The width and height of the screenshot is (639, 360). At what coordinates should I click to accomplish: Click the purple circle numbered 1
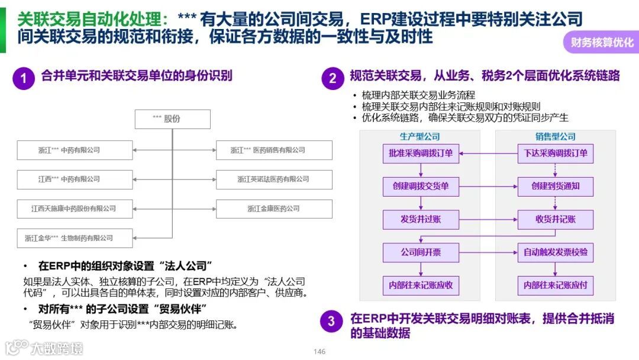(24, 78)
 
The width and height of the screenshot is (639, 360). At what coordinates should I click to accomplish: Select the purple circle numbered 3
(331, 322)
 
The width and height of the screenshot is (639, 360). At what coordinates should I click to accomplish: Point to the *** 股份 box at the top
(172, 119)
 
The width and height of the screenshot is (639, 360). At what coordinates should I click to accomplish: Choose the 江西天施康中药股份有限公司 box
(75, 208)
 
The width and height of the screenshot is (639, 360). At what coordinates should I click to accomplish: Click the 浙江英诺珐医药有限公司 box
(273, 179)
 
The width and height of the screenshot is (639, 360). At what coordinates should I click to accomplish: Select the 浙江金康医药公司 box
(273, 208)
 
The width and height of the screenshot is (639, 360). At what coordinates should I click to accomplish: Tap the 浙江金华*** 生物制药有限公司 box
(75, 238)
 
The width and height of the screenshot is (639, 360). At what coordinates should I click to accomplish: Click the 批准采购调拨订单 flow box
(421, 153)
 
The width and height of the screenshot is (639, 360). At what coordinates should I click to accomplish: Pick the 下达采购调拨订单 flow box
(555, 153)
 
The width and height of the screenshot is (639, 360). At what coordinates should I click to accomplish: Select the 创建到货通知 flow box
(555, 187)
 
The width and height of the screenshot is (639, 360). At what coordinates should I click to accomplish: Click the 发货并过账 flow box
(421, 220)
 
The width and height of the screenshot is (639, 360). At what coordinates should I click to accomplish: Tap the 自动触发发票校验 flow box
(555, 253)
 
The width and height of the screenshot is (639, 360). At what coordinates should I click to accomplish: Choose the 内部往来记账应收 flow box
(421, 285)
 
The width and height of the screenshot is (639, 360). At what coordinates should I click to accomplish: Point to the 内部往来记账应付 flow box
(555, 285)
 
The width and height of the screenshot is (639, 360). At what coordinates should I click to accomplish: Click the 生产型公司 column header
(420, 136)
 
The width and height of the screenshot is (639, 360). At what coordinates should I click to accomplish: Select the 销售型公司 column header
(555, 136)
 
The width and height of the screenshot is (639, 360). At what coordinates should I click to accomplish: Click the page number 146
(319, 352)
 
